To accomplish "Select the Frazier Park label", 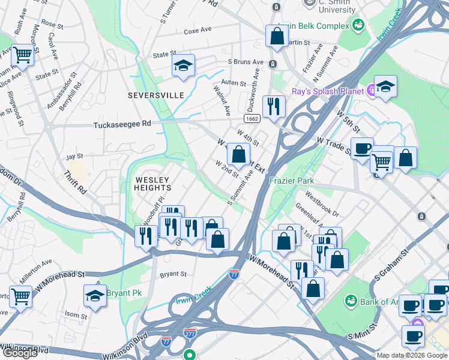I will tap(292, 180).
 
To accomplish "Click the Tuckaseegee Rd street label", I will tap(122, 125).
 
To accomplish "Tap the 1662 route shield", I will tap(252, 119).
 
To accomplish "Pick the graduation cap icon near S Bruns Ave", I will tap(183, 66).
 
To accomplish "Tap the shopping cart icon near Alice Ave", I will tap(22, 55).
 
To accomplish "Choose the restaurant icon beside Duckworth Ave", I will tap(274, 107).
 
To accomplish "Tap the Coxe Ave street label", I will tap(198, 30).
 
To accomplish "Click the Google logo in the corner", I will tap(20, 353).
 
